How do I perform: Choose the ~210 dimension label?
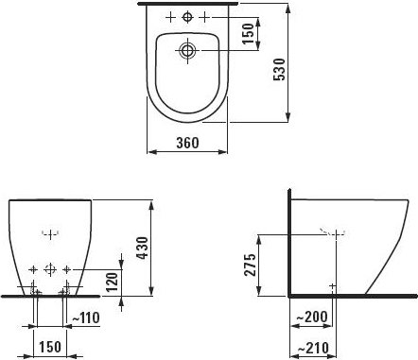pos(313,348)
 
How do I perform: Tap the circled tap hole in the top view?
pos(187,17)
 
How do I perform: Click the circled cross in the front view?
pos(50,269)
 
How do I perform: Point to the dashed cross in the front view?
pos(50,231)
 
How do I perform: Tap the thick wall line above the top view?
pos(187,5)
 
